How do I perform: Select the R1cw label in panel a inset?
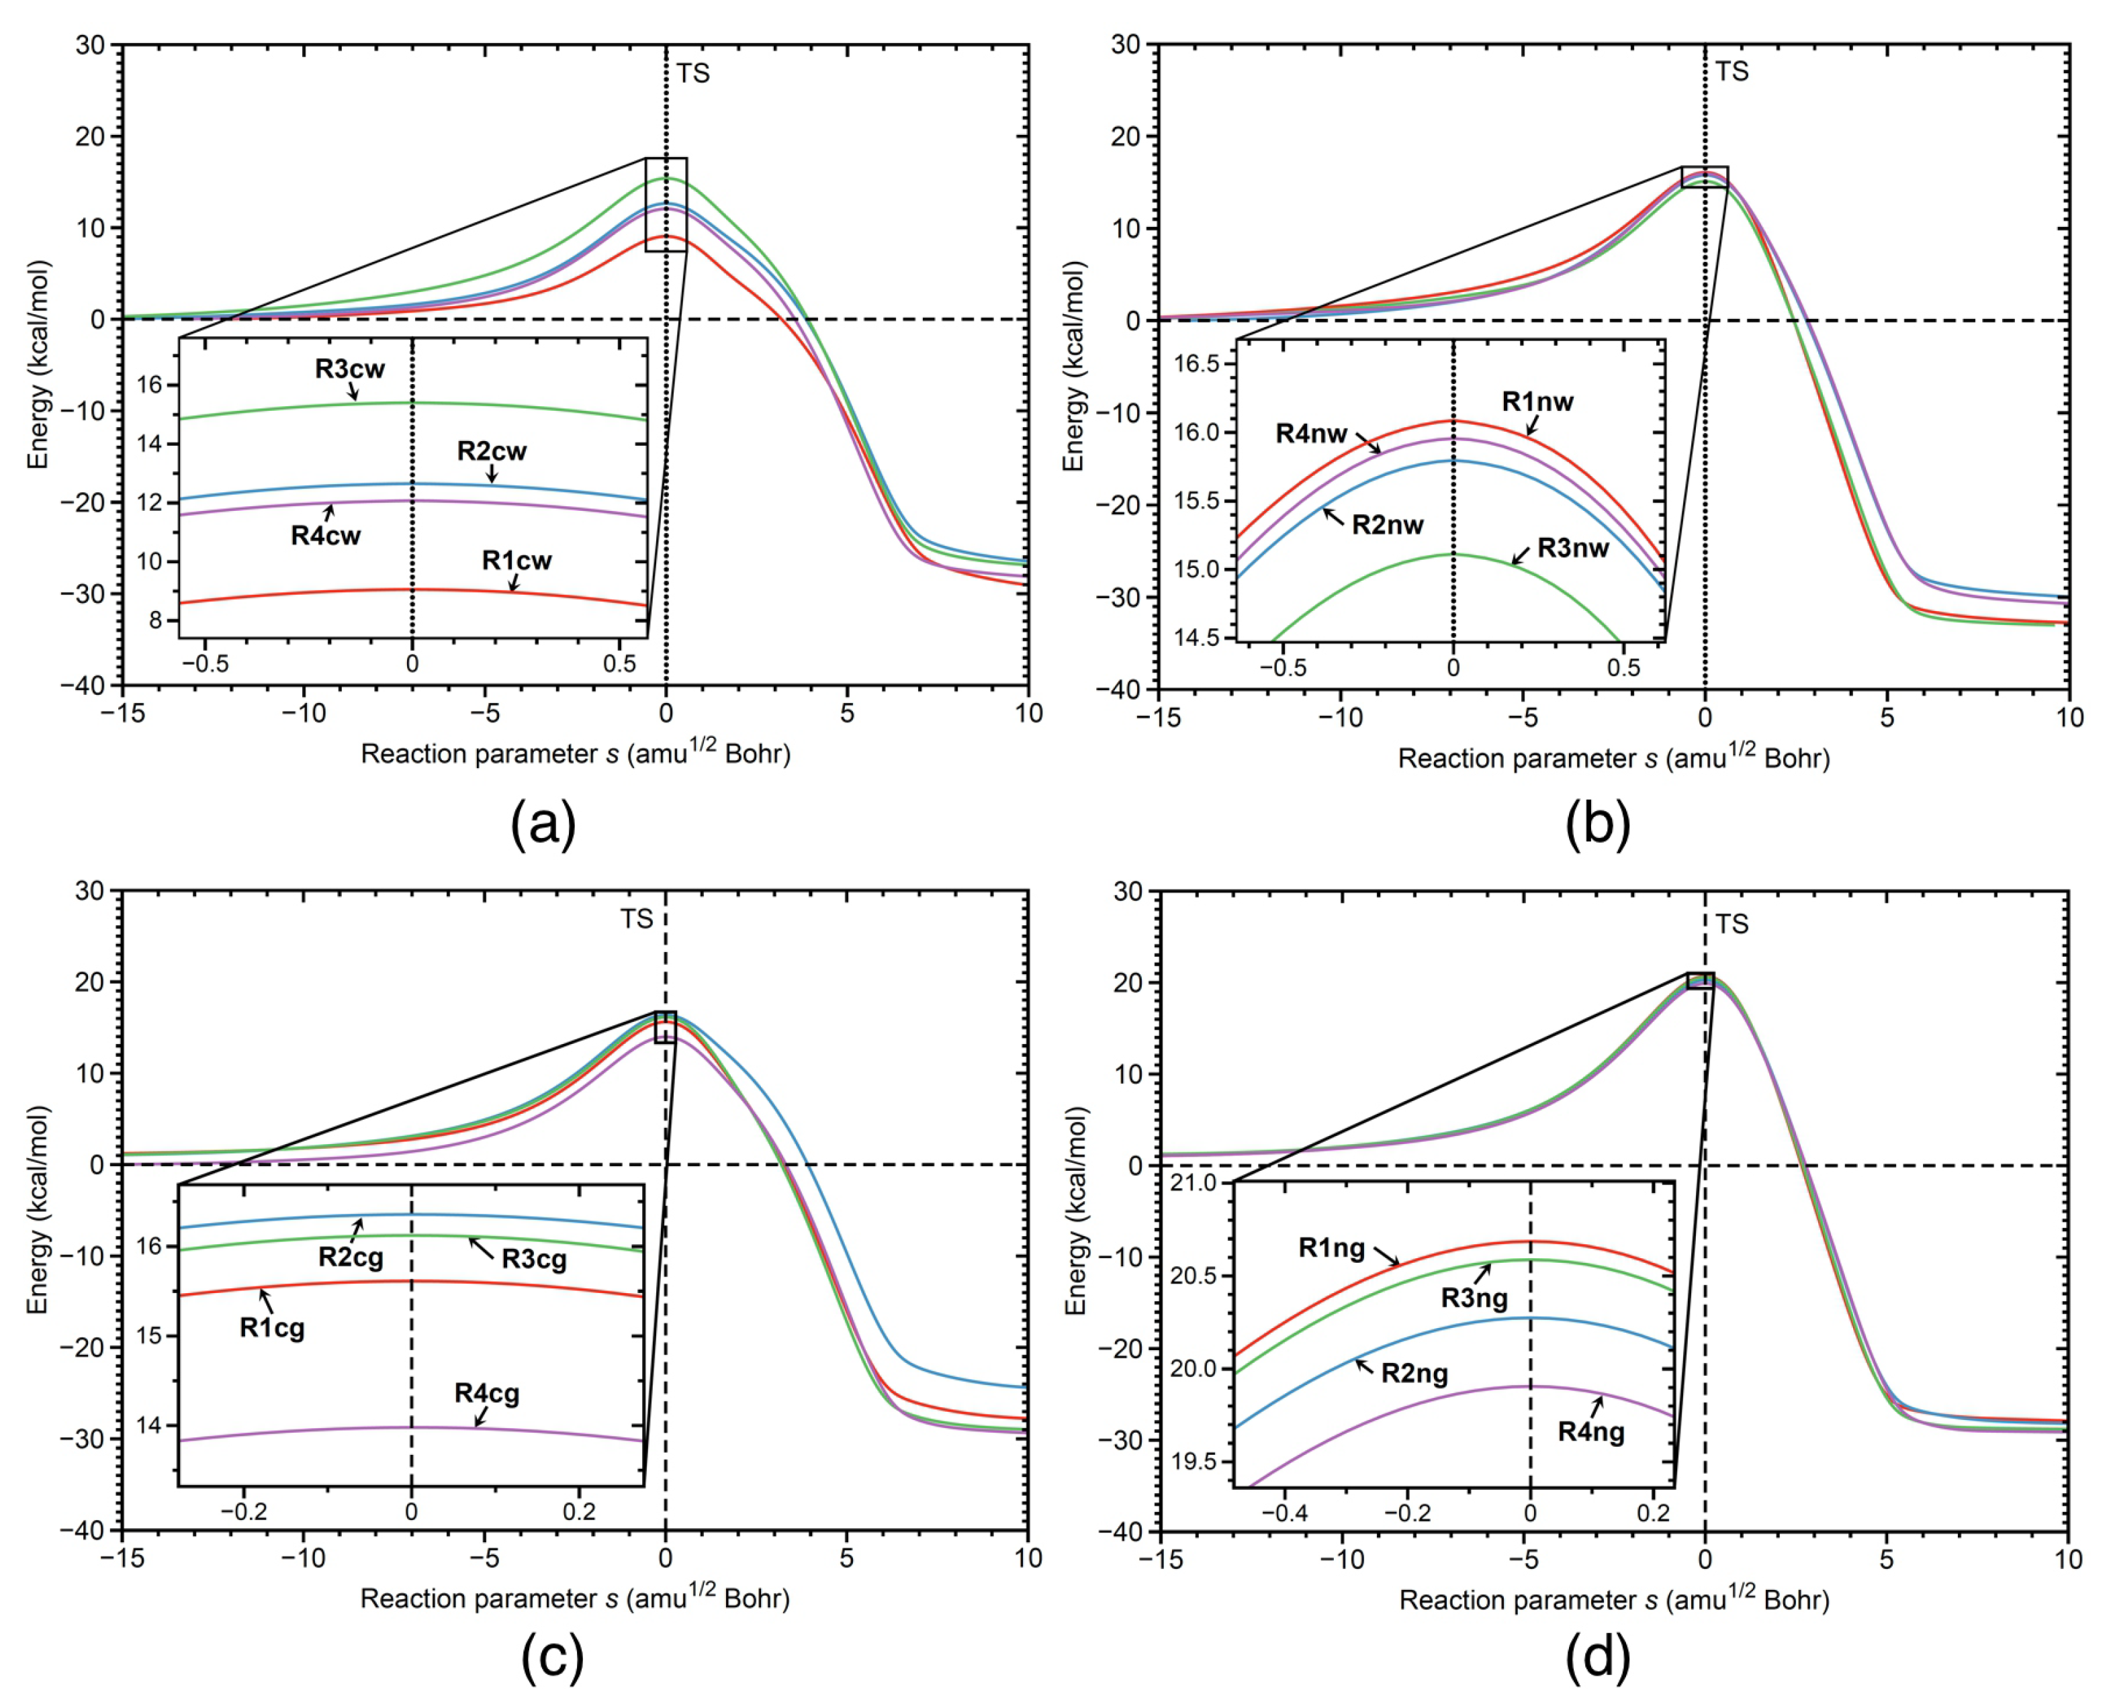click(x=516, y=561)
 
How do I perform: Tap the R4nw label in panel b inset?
click(x=1311, y=434)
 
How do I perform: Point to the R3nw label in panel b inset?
click(x=1572, y=548)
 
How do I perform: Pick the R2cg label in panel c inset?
click(x=351, y=1258)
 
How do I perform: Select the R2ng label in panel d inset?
click(x=1414, y=1374)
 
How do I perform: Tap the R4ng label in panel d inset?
click(x=1590, y=1431)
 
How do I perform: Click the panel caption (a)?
click(x=543, y=824)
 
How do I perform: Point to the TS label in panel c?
click(x=636, y=919)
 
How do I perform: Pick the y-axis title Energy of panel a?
click(x=38, y=365)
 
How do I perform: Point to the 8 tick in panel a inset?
click(x=156, y=621)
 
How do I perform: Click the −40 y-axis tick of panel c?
click(x=82, y=1530)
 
